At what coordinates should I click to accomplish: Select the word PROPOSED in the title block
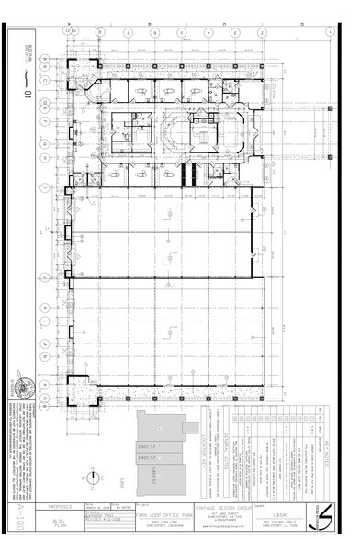tap(61, 506)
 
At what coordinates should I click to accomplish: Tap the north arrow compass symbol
tap(92, 477)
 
